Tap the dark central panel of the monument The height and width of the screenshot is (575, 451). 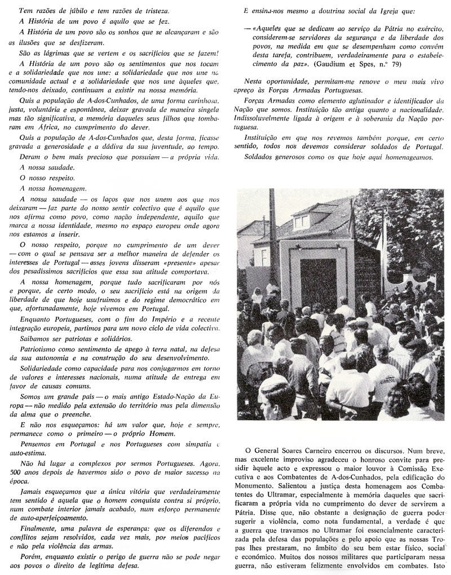pyautogui.click(x=318, y=282)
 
